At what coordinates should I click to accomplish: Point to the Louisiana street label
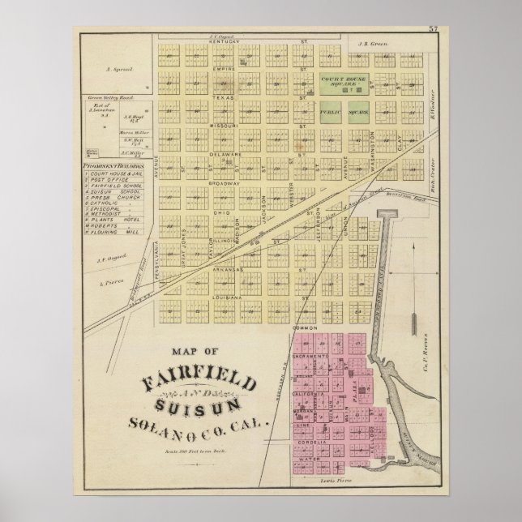coord(228,297)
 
